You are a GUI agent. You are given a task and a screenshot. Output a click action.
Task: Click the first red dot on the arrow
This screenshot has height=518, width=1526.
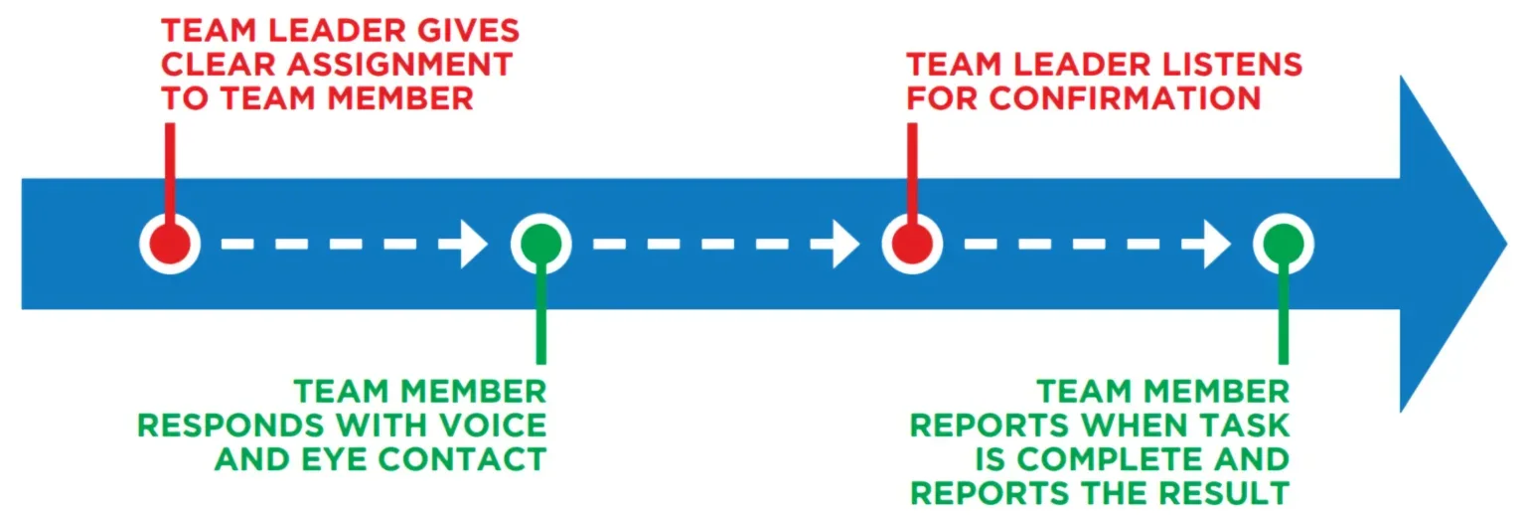(170, 244)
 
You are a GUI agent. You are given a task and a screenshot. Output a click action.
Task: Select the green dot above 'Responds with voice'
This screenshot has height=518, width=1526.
(540, 244)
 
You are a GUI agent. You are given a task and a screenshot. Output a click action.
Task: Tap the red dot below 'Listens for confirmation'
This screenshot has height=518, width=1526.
(912, 244)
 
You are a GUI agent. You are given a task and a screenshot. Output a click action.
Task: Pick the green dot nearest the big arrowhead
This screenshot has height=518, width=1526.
(1283, 244)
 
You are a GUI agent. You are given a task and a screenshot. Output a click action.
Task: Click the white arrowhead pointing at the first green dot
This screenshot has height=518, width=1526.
(475, 245)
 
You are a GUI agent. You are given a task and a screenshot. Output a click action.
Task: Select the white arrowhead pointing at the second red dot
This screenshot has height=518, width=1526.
(846, 245)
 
